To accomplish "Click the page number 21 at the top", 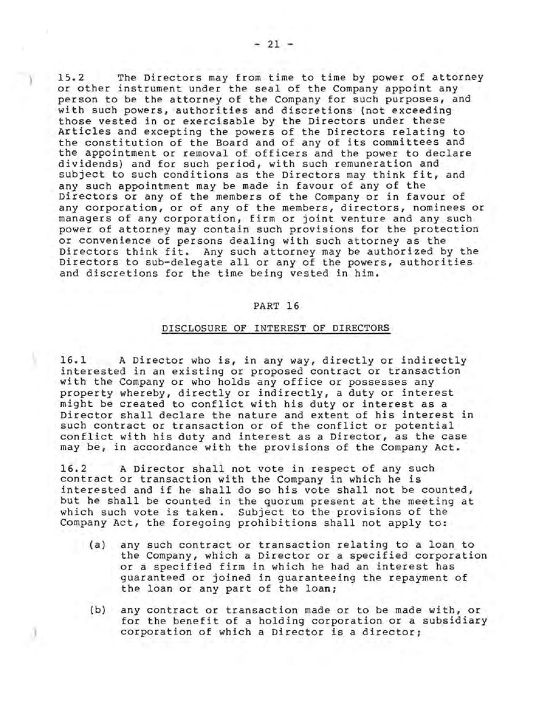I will [276, 44].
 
